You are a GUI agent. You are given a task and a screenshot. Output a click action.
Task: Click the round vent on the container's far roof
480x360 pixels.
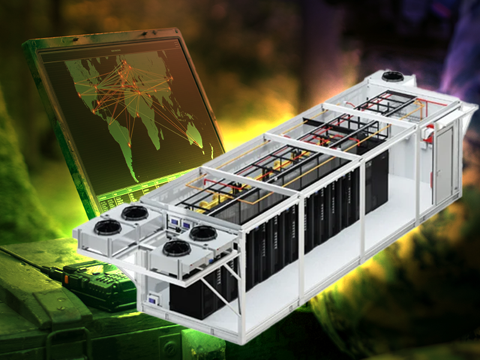pos(393,76)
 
